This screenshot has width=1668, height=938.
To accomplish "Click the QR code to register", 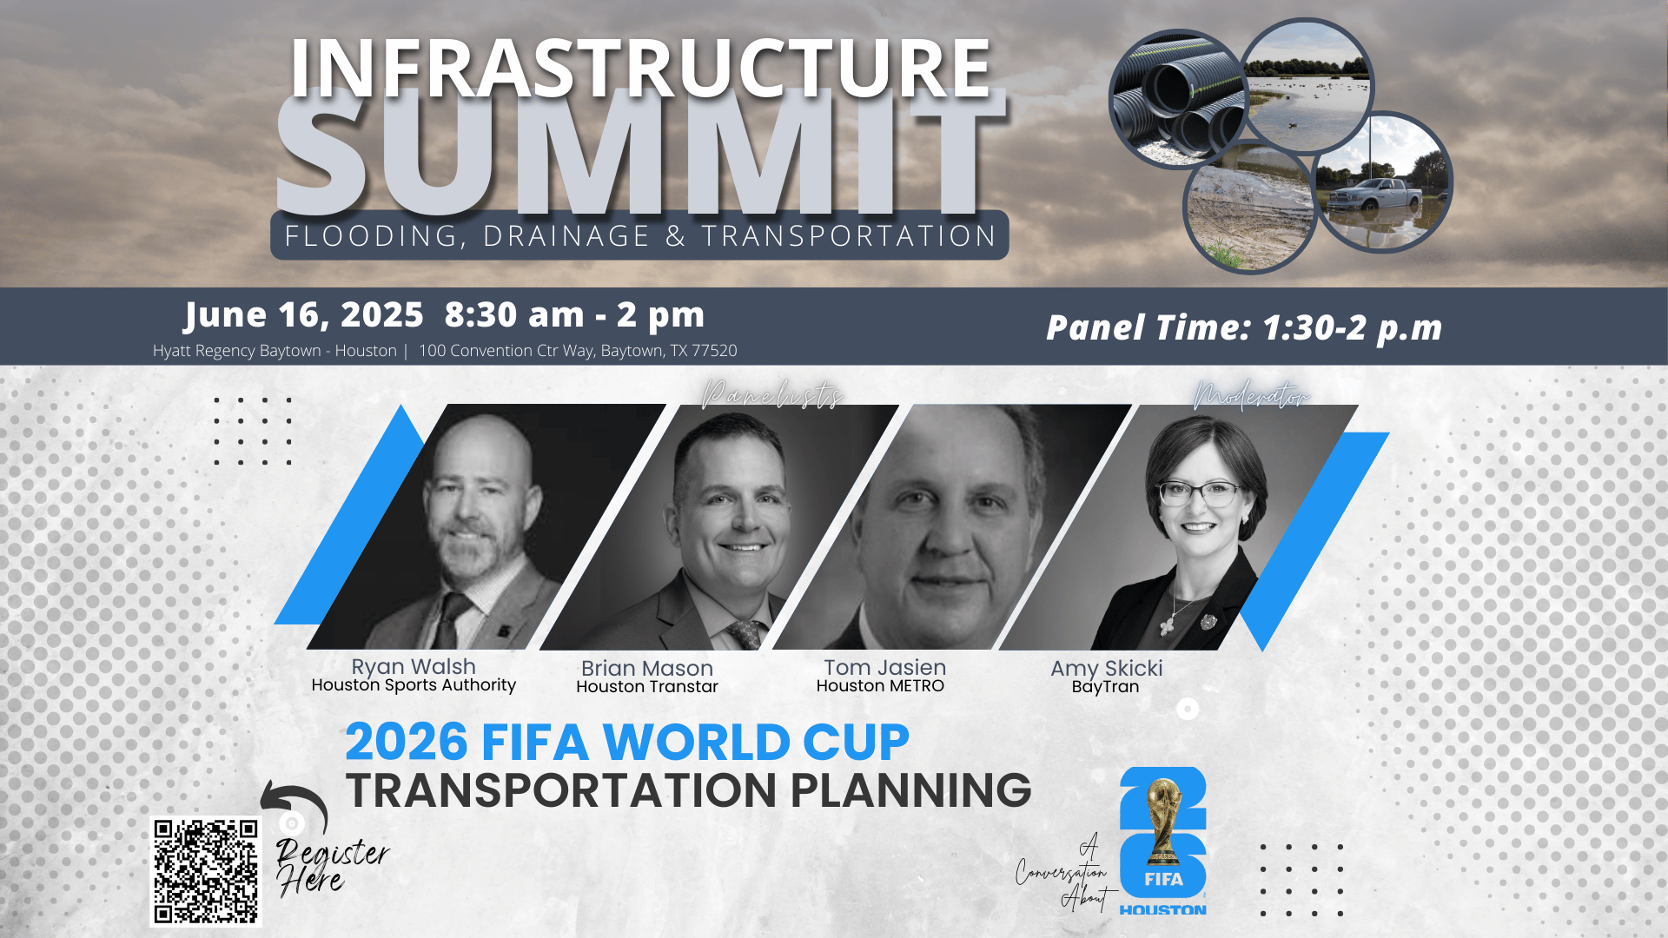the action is pos(206,871).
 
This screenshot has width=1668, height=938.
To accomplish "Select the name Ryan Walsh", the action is pos(414,666).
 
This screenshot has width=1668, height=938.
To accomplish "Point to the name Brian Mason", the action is pos(647,668).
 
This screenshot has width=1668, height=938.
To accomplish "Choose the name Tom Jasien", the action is pos(884,667).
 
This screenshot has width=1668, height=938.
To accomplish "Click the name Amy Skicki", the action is pos(1106,668).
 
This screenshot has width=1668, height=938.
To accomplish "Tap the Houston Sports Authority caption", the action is pos(414,685).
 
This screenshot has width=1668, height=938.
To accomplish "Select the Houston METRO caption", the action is pos(880,686).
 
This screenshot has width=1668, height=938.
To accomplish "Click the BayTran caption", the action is pos(1105,687).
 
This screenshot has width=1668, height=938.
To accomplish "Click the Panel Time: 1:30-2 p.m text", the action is pos(1244,327).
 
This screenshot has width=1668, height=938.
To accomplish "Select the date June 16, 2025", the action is pos(304,314).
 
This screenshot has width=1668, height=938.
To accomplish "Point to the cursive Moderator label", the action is pos(1251,395).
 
